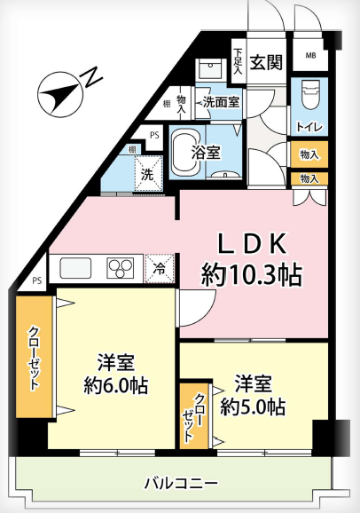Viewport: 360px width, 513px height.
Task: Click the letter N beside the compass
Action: coord(92,77)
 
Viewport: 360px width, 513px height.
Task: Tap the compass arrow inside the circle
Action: coord(59,95)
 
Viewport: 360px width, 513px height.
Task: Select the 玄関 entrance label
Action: coord(266,62)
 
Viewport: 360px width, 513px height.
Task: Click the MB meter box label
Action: coord(310,56)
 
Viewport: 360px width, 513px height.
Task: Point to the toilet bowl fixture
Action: coord(309,95)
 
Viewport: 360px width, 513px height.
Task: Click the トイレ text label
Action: coord(309,127)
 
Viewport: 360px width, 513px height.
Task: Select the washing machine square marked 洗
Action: coord(148,173)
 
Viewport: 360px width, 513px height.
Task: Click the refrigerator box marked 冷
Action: coord(160,268)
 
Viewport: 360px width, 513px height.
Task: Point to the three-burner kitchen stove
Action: coord(121,268)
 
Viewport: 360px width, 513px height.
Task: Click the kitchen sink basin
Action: coord(75,268)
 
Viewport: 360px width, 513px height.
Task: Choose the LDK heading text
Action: coord(253,245)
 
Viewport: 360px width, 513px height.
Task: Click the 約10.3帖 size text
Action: coord(252,275)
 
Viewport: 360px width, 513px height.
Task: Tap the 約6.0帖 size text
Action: coord(116,385)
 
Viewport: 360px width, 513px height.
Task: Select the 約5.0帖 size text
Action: coord(253,406)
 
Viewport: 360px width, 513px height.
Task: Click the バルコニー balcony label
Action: coord(182,483)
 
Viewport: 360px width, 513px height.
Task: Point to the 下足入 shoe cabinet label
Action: coord(239,61)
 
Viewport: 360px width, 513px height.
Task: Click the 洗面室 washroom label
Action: coord(222,102)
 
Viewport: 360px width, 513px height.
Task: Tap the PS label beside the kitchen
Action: coord(37,280)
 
